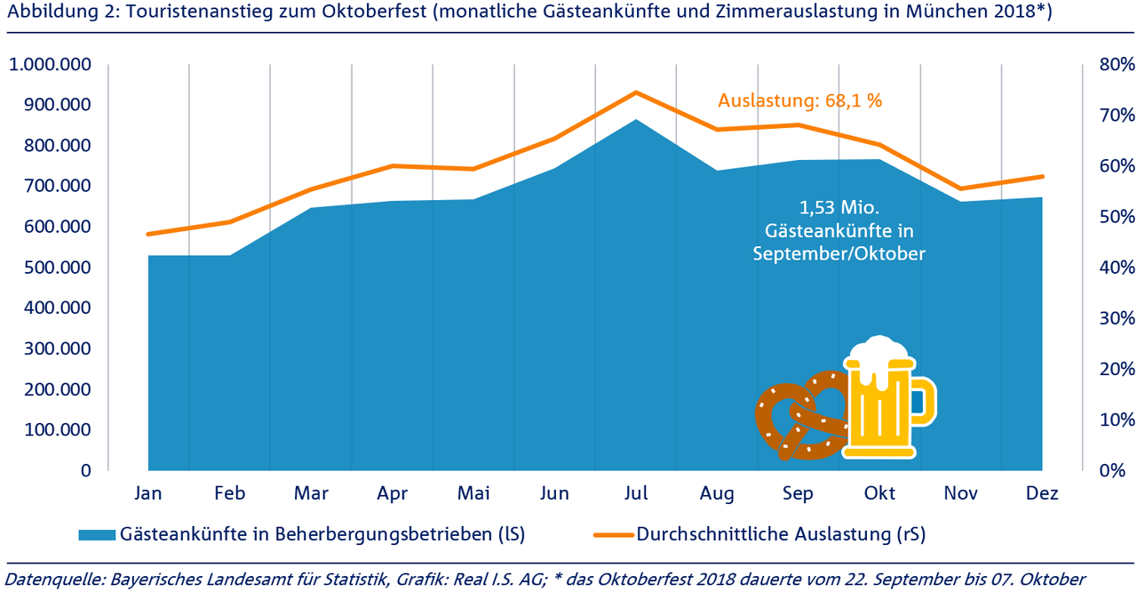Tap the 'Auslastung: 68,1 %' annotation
pyautogui.click(x=799, y=100)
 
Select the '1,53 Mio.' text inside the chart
pyautogui.click(x=839, y=209)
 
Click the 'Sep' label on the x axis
pyautogui.click(x=799, y=493)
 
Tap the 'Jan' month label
pyautogui.click(x=148, y=493)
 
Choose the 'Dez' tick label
pyautogui.click(x=1042, y=493)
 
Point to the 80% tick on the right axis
pyautogui.click(x=1116, y=65)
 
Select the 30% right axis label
pyautogui.click(x=1116, y=318)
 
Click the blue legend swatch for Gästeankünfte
pyautogui.click(x=97, y=534)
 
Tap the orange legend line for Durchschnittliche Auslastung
pyautogui.click(x=613, y=534)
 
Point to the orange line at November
pyautogui.click(x=960, y=188)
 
